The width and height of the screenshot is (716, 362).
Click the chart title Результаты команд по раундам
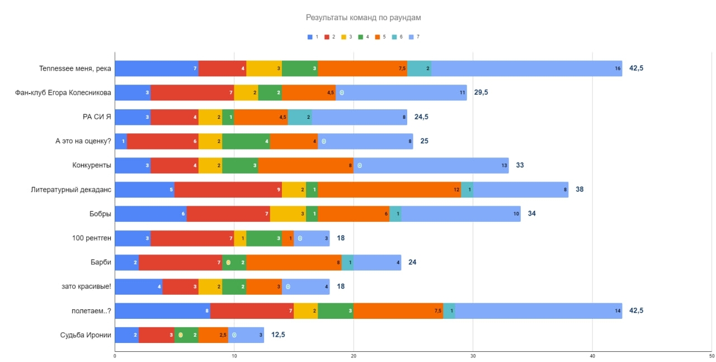pyautogui.click(x=363, y=17)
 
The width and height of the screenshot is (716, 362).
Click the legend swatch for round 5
pyautogui.click(x=378, y=37)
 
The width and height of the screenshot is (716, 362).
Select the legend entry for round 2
pyautogui.click(x=329, y=37)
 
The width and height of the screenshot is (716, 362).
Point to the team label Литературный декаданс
pyautogui.click(x=71, y=189)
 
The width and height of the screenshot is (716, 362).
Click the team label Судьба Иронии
pyautogui.click(x=86, y=335)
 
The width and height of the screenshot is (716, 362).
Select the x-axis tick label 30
pyautogui.click(x=473, y=356)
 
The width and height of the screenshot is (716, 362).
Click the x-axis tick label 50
pyautogui.click(x=712, y=356)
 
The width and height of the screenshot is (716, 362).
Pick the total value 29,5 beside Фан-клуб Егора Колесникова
pyautogui.click(x=481, y=92)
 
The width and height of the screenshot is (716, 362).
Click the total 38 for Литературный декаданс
pyautogui.click(x=580, y=189)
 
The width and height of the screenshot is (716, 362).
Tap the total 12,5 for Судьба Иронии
pyautogui.click(x=278, y=335)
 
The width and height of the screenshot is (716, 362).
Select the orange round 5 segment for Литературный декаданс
pyautogui.click(x=389, y=189)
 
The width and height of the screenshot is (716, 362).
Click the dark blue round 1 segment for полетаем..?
pyautogui.click(x=162, y=310)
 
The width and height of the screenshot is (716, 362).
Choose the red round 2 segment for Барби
pyautogui.click(x=180, y=262)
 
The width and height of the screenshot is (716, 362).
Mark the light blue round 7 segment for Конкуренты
pyautogui.click(x=431, y=165)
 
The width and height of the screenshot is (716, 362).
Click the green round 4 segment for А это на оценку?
pyautogui.click(x=246, y=141)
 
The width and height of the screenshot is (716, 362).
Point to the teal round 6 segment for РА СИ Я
pyautogui.click(x=300, y=117)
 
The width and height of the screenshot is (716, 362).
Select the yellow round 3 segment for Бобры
pyautogui.click(x=288, y=214)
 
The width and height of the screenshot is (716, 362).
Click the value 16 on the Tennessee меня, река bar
pyautogui.click(x=618, y=68)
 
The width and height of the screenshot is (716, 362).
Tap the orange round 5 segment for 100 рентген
pyautogui.click(x=288, y=238)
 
